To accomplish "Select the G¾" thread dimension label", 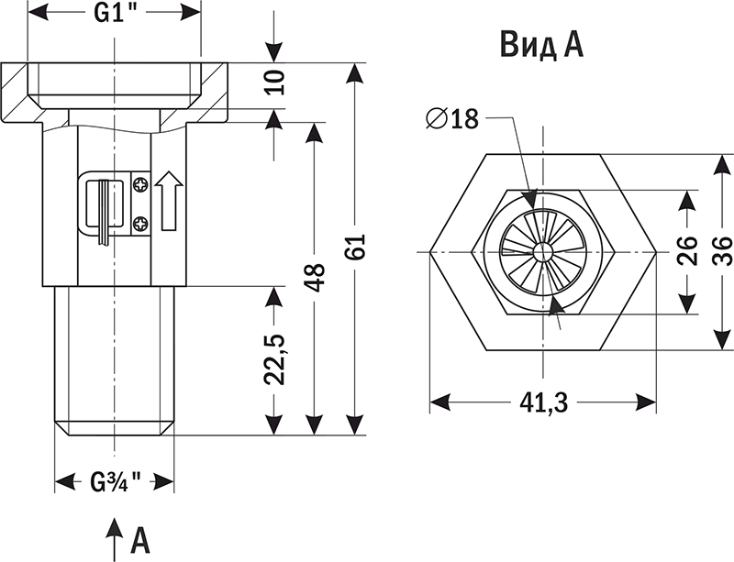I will [x=116, y=480].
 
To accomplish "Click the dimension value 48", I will [x=315, y=276].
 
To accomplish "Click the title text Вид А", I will [x=541, y=44].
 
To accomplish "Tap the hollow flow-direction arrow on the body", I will [x=169, y=201].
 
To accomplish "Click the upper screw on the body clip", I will [x=140, y=186].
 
